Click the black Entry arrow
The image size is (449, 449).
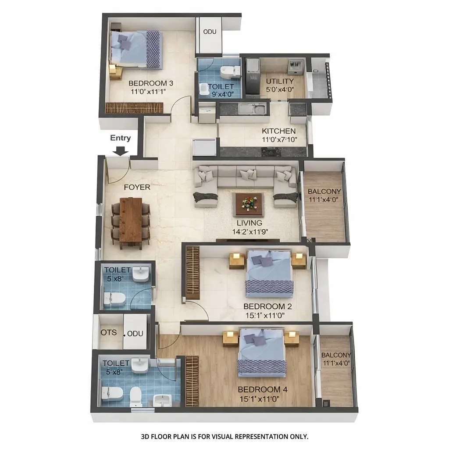(121, 150)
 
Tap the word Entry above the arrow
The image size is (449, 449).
(120, 138)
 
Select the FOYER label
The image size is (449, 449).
(137, 187)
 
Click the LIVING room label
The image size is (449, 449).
(249, 223)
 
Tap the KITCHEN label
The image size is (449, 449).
(278, 131)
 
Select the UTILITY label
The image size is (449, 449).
(280, 81)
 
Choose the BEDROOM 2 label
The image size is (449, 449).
(267, 306)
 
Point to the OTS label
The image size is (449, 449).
(109, 332)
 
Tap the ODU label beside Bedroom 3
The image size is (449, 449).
(210, 32)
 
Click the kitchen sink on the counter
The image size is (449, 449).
(258, 107)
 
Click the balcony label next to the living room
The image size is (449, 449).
(324, 192)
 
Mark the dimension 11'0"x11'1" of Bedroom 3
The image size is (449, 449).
(148, 92)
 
